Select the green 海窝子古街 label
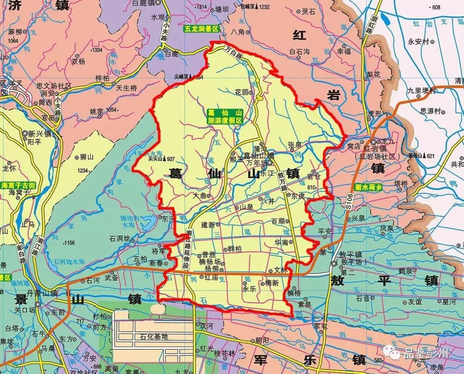pyautogui.click(x=18, y=185)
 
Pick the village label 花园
pyautogui.click(x=241, y=92)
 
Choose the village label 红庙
pyautogui.click(x=211, y=278)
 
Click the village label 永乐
pyautogui.click(x=250, y=289)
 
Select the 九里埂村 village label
pyautogui.click(x=421, y=91)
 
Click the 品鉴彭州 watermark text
pyautogui.click(x=425, y=353)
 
